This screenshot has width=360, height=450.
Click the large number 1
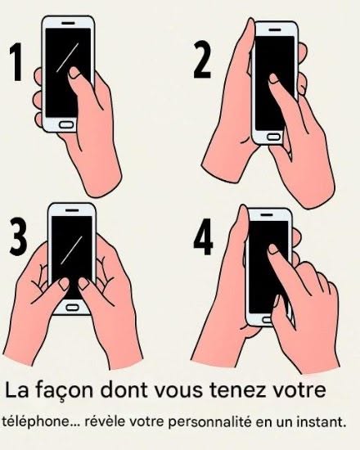click(16, 62)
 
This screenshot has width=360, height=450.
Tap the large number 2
click(202, 60)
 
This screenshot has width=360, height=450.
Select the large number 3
click(18, 236)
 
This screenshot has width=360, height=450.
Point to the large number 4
click(203, 236)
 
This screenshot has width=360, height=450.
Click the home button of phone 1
click(66, 124)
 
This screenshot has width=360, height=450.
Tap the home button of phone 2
click(273, 137)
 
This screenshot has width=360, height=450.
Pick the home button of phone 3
click(72, 308)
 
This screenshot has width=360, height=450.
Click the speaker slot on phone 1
click(69, 23)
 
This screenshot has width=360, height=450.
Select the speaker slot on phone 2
click(275, 29)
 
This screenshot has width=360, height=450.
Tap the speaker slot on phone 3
click(72, 210)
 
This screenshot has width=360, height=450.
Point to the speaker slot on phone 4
click(268, 214)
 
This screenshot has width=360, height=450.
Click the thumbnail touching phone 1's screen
click(74, 73)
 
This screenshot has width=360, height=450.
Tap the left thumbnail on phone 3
click(64, 284)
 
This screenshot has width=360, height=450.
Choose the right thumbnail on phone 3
click(83, 284)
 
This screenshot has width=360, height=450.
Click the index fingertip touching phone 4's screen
click(273, 249)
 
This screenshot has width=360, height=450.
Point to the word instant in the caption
click(321, 422)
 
